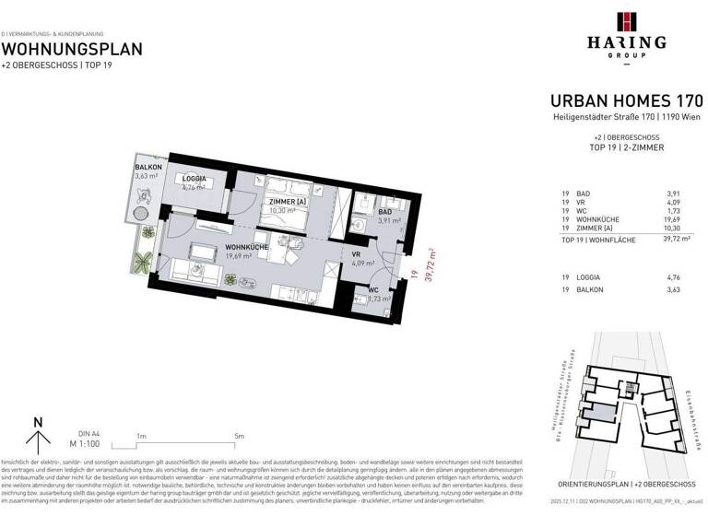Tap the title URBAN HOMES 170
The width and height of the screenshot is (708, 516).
(626, 100)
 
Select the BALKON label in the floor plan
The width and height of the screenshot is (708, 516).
(147, 167)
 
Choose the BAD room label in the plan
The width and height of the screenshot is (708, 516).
(383, 212)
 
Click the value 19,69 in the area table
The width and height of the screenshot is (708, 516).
(690, 218)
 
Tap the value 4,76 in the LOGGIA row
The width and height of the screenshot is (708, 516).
(692, 276)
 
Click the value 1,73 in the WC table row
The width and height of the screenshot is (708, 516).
(692, 210)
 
